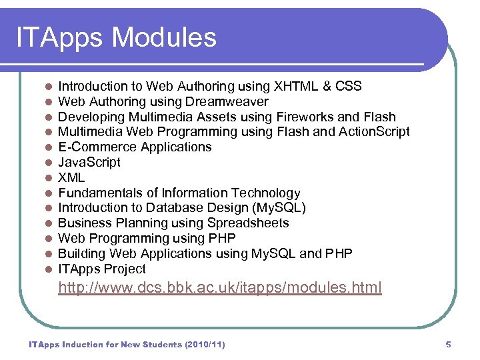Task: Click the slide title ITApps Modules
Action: (117, 37)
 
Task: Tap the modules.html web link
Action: (220, 288)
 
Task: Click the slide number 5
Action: (448, 345)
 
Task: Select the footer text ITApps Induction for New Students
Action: (127, 345)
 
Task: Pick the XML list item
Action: (71, 177)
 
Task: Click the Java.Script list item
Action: (89, 162)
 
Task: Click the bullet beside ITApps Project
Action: (48, 269)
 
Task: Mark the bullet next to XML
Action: (48, 178)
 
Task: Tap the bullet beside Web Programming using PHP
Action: (48, 239)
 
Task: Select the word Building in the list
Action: (81, 253)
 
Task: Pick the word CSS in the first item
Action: (348, 86)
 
